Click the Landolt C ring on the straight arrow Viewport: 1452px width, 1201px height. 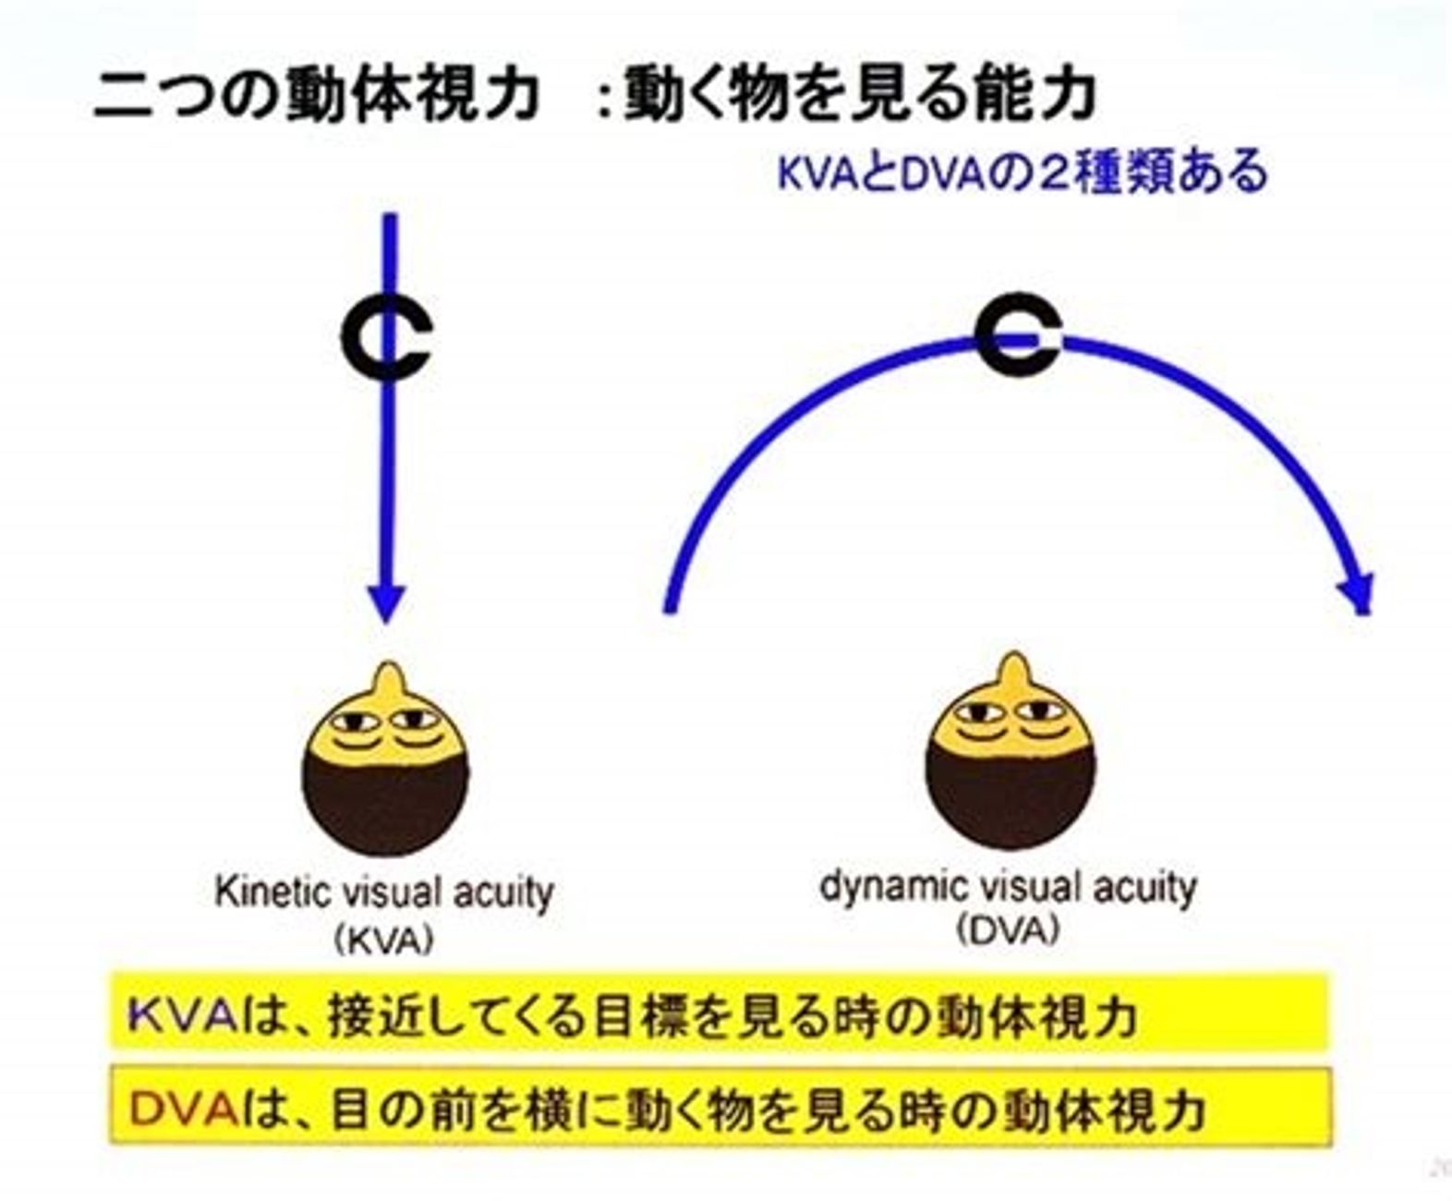pyautogui.click(x=345, y=339)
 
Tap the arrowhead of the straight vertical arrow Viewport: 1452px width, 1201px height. pyautogui.click(x=387, y=603)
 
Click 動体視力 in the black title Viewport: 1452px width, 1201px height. pyautogui.click(x=410, y=96)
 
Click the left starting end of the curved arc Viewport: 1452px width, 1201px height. pyautogui.click(x=670, y=608)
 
